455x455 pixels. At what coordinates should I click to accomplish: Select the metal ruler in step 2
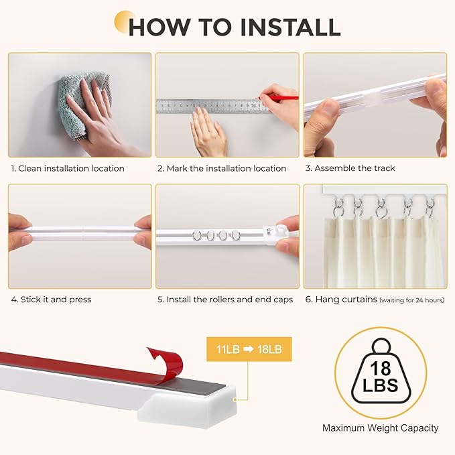(x=208, y=105)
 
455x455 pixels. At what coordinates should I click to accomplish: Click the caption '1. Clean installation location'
(x=68, y=168)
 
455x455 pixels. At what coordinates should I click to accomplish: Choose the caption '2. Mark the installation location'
(x=222, y=168)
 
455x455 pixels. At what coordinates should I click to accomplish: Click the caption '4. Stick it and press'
(x=51, y=300)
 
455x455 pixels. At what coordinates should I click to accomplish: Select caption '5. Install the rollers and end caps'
(x=225, y=300)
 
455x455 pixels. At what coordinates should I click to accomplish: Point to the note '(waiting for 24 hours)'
(x=412, y=300)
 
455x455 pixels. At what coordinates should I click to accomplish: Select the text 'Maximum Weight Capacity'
(x=380, y=428)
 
